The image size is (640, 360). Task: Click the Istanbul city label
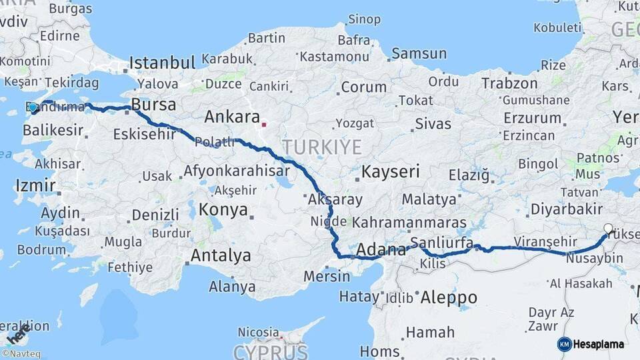tap(162, 63)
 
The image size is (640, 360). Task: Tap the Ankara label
tap(232, 117)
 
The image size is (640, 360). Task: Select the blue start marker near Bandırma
tap(33, 107)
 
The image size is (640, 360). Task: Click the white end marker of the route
tap(607, 229)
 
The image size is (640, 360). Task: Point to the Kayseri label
tap(391, 172)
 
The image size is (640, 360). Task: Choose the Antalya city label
tap(221, 255)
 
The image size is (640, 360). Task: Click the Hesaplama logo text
tap(599, 344)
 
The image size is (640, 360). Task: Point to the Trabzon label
tap(509, 83)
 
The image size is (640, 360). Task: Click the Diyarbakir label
tap(567, 209)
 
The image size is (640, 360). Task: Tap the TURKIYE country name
tap(321, 147)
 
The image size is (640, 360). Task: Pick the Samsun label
tap(419, 53)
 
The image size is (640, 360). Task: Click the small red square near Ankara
tap(264, 124)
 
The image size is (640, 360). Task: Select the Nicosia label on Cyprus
tap(258, 331)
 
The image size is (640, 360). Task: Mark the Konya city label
tap(223, 211)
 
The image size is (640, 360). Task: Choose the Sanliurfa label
tap(441, 242)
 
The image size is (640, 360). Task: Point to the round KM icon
tap(564, 344)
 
